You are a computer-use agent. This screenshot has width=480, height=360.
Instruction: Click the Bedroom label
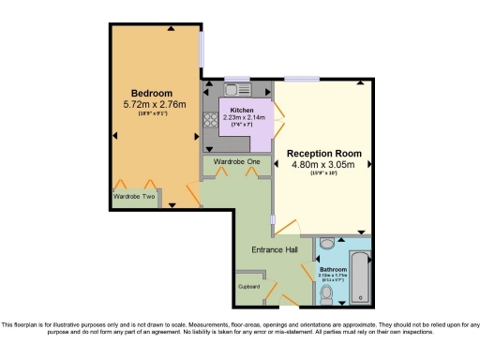151,93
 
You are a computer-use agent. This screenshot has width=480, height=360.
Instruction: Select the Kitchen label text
242,110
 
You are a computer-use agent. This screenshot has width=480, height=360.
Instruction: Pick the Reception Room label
322,153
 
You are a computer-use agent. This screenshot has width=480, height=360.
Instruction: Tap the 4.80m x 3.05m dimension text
322,165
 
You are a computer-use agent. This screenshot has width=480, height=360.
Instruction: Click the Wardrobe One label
237,162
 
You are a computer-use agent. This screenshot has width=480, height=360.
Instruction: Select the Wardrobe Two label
134,197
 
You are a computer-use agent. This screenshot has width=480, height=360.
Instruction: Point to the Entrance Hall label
274,249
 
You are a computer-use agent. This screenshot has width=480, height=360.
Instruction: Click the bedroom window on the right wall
202,53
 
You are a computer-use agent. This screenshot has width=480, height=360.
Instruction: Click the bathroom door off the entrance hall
307,272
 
